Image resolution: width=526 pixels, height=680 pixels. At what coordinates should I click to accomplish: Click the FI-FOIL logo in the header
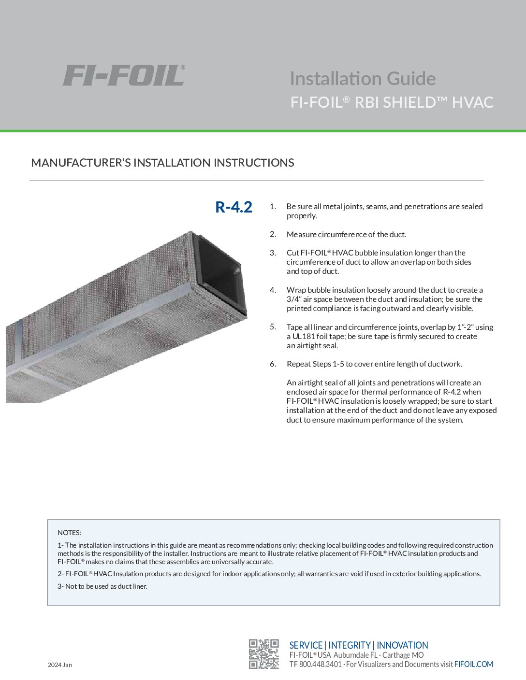pos(123,76)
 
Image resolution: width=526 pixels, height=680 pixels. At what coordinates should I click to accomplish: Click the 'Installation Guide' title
pos(363,78)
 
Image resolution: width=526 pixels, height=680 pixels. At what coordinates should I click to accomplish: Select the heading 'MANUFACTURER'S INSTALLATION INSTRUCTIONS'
pos(162,163)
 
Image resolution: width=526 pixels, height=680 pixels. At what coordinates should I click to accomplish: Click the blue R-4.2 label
pos(234,207)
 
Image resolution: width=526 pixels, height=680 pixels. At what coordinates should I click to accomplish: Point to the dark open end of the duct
pos(220,275)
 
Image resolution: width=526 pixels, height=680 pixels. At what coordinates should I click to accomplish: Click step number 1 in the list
pos(273,207)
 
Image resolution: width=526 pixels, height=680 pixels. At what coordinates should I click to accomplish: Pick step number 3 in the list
pos(273,253)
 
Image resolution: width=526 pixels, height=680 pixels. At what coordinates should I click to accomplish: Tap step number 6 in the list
pos(273,364)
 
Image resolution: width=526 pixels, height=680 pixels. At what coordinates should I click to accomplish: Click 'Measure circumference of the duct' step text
pos(346,235)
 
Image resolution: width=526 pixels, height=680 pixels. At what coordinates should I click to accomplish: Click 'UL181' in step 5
pos(303,337)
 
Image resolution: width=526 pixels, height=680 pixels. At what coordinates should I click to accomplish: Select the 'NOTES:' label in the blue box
pos(70,533)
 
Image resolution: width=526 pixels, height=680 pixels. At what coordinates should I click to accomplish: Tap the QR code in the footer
pos(264,654)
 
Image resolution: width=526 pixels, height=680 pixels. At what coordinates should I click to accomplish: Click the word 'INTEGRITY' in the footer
pos(350,645)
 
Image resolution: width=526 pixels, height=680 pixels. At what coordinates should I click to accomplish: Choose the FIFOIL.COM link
pos(474,665)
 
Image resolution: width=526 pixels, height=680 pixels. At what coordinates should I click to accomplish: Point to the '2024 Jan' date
pos(60,665)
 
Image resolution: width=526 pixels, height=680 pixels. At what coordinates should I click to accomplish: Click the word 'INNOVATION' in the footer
pos(402,645)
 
